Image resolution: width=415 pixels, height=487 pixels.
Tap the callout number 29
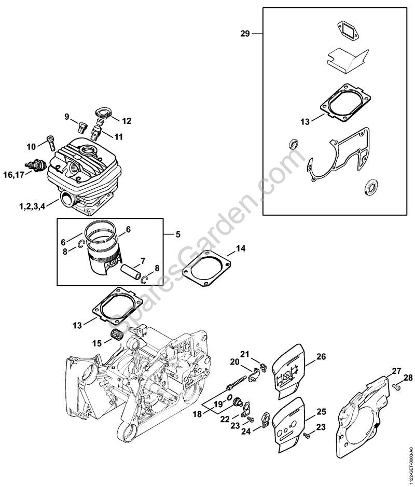coord(245,34)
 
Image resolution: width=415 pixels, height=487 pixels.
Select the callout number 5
coord(177,234)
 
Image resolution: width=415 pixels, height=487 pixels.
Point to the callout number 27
coord(396,371)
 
